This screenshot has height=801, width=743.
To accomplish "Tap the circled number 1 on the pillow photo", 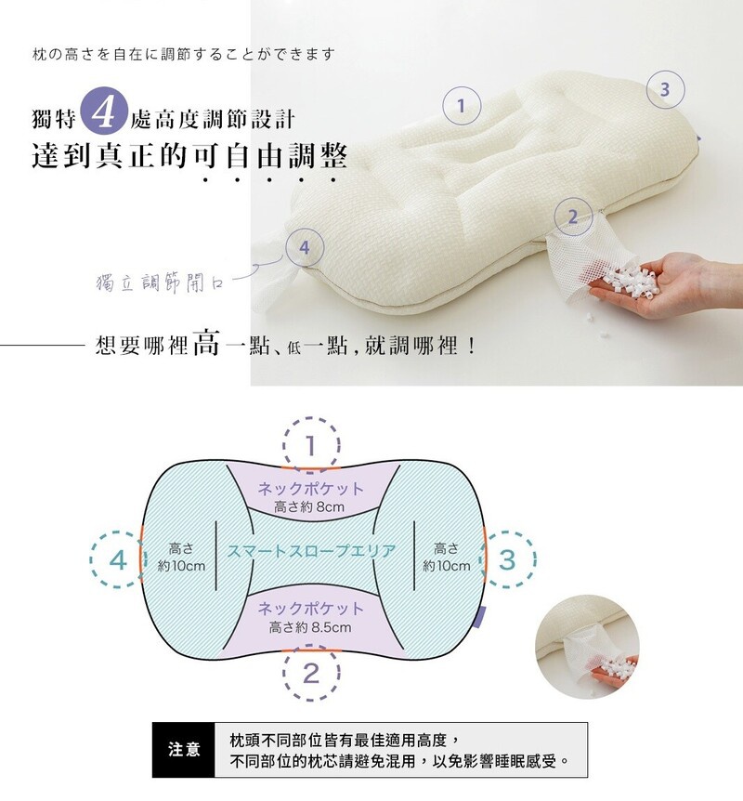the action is click(x=462, y=106).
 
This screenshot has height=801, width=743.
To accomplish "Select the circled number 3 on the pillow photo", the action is click(x=665, y=89).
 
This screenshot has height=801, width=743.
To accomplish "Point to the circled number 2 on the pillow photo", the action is click(x=573, y=217).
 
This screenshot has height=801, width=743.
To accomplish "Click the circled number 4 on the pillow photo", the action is click(x=305, y=247).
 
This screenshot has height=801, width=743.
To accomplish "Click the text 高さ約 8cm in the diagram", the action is click(x=309, y=506).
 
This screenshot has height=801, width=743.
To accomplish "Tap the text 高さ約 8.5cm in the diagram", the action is click(x=310, y=627).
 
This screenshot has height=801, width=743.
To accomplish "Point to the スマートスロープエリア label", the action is click(x=311, y=551).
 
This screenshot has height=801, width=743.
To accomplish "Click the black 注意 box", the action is click(x=184, y=749).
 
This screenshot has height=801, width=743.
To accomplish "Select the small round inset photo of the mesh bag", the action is click(x=587, y=647).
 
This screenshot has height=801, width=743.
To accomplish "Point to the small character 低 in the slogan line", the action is click(x=293, y=348).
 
